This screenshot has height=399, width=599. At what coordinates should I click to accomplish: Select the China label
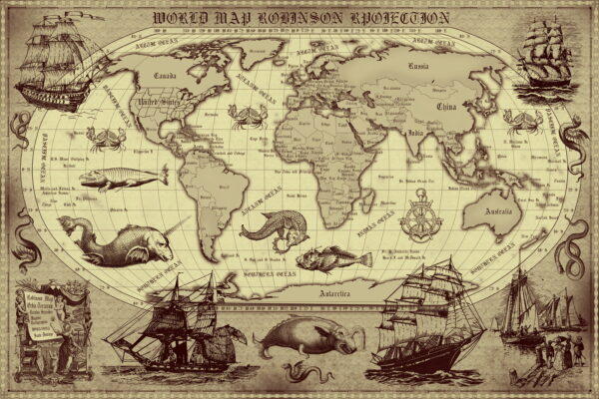point(445,104)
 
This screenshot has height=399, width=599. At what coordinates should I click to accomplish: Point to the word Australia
point(497,211)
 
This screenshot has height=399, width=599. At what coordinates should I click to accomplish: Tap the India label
point(417,133)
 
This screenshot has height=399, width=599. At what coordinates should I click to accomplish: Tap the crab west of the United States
point(105,138)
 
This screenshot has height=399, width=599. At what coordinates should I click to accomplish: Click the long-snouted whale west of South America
point(122,178)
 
